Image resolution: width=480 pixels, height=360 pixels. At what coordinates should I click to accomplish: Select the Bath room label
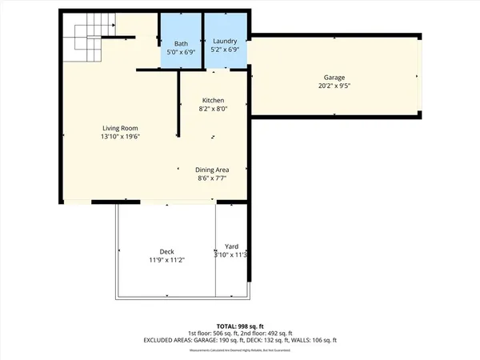[x=181, y=43]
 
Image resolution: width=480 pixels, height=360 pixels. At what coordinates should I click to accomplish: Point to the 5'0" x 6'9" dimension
[x=181, y=51]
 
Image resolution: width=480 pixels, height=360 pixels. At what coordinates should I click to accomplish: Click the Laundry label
[x=225, y=41]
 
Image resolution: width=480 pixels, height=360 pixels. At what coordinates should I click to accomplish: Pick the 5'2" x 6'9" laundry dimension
[x=225, y=50]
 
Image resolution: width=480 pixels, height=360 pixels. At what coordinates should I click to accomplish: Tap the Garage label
[x=334, y=78]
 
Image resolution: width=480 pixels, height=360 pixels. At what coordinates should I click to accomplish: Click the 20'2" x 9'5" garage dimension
[x=334, y=86]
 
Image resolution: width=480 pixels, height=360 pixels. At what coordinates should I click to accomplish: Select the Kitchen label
[x=212, y=100]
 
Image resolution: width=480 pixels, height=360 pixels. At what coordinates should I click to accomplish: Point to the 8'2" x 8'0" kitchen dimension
[x=212, y=109]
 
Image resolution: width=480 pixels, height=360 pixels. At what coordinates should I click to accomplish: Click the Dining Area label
[x=212, y=170]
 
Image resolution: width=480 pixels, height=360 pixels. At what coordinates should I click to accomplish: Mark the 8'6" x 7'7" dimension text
[x=212, y=178]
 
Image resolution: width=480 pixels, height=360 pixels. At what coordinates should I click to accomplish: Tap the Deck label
[x=166, y=251]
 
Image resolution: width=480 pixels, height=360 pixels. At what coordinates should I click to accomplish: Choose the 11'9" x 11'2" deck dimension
[x=166, y=260]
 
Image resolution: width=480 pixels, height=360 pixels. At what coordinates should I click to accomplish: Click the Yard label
[x=232, y=246]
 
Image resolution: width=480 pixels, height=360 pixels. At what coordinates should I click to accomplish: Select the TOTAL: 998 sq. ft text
[x=240, y=326]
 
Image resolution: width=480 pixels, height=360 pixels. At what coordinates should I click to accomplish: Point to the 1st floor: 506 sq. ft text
[x=214, y=333]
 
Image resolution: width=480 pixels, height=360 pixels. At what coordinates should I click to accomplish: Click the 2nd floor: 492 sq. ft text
[x=268, y=333]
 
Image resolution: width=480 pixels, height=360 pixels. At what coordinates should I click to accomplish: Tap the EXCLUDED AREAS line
[x=240, y=340]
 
